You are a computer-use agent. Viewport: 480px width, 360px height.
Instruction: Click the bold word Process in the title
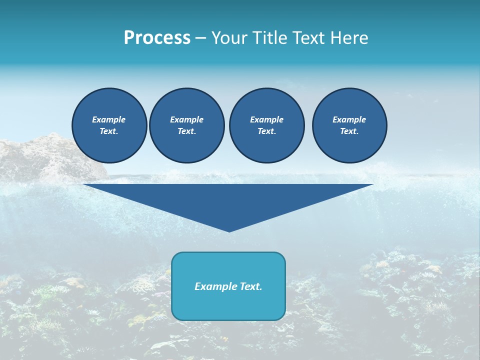[157, 37]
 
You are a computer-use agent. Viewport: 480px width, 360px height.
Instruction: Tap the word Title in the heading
[267, 37]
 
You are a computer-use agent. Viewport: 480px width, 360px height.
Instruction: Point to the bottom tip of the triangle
[229, 230]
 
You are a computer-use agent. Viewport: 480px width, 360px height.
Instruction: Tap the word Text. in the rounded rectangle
[250, 286]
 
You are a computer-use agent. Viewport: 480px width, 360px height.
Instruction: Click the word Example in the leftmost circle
[109, 119]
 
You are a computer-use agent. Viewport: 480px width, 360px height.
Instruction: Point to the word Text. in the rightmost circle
[349, 131]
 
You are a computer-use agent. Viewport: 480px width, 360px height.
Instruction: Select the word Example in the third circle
[266, 119]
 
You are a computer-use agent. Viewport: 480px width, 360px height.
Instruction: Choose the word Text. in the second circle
[186, 131]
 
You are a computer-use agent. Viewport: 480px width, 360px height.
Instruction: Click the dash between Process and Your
[201, 38]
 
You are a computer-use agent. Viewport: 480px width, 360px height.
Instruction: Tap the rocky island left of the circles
[45, 157]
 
